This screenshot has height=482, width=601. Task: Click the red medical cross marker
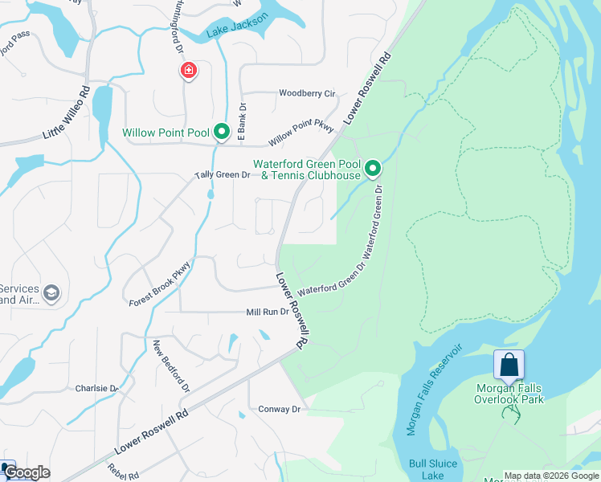[189, 72]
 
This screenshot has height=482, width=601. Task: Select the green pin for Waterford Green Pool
[372, 169]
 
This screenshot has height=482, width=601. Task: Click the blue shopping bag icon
[509, 366]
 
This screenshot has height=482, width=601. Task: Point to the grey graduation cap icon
[52, 293]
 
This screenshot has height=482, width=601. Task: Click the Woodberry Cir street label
[306, 93]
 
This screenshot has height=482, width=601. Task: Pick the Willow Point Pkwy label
[300, 133]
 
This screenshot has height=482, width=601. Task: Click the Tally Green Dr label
[223, 174]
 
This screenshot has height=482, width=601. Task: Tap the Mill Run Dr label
[267, 312]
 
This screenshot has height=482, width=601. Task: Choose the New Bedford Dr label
[171, 366]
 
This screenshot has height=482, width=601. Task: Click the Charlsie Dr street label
[96, 388]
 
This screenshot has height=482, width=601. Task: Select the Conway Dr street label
[279, 409]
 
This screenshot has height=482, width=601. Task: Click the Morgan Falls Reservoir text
[434, 390]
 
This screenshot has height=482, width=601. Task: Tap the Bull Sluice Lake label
[432, 469]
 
